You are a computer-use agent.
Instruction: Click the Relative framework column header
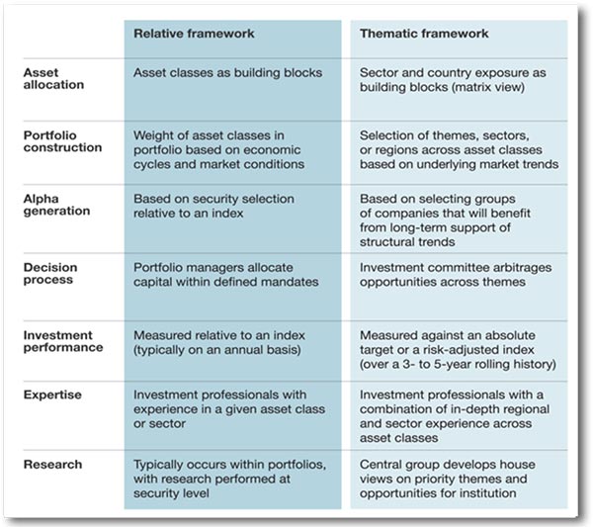[194, 34]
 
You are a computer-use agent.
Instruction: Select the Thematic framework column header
[424, 34]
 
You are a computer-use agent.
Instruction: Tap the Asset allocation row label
[53, 78]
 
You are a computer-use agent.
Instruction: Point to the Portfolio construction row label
[63, 141]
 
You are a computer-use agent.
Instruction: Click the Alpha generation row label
[56, 205]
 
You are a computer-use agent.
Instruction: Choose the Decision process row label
[50, 273]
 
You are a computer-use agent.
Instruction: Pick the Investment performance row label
[63, 341]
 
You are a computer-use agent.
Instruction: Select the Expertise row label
[52, 395]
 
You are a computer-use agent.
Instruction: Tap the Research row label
[52, 464]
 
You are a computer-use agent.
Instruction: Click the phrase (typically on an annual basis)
[217, 350]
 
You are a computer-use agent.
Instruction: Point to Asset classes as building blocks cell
[227, 72]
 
